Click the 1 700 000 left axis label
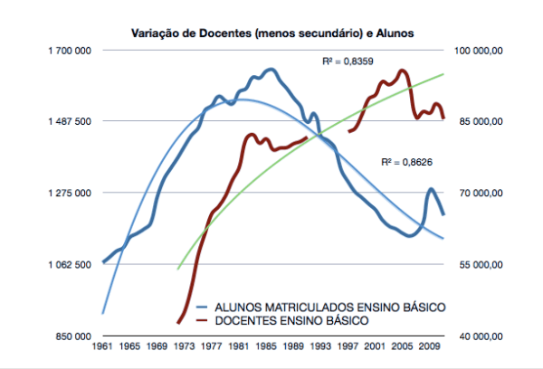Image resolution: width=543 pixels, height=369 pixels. click(68, 51)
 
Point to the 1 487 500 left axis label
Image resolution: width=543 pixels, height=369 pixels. click(68, 121)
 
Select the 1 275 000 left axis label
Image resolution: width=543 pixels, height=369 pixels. click(68, 193)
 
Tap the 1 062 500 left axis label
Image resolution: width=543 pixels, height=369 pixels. click(68, 264)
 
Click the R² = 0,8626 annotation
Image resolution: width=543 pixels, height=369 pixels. click(404, 161)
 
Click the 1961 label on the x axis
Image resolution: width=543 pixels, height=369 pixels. click(103, 347)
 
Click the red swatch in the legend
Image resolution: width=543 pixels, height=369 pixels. click(204, 321)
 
